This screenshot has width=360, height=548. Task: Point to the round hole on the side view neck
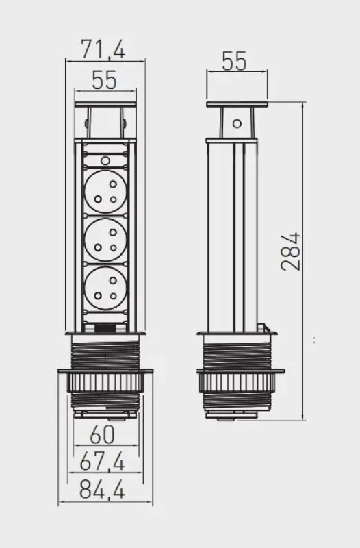click(x=237, y=124)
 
